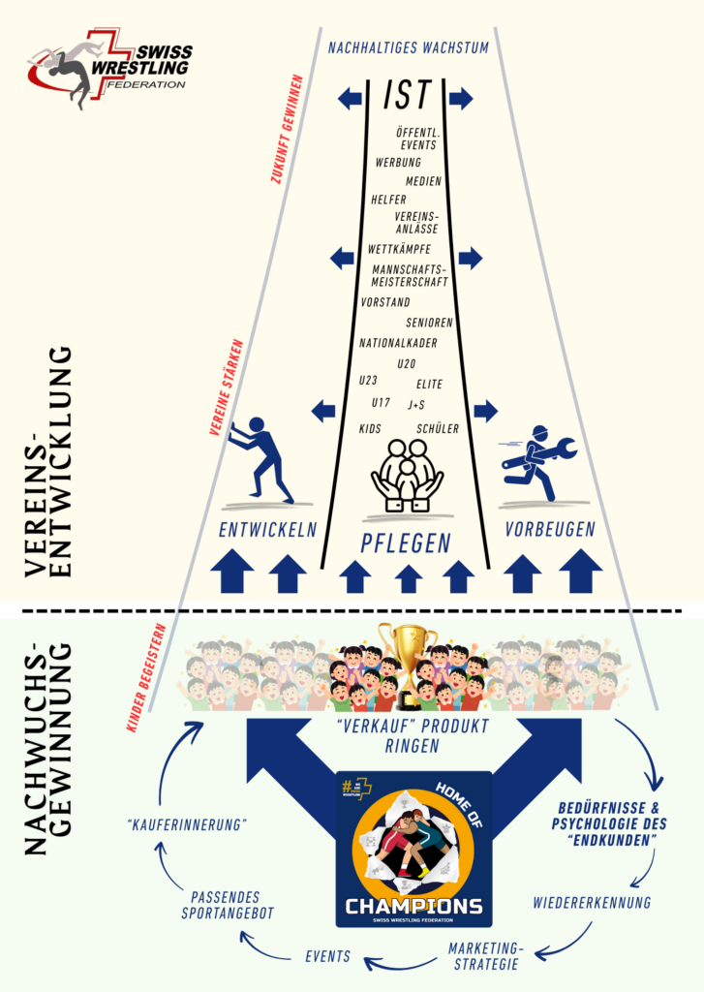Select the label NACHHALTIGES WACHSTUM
point(408,46)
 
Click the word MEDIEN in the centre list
point(423,181)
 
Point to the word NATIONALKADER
point(398,343)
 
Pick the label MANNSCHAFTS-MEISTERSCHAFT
point(410,275)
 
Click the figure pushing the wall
point(259,458)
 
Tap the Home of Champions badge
point(413,849)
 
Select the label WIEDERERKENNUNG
point(591,902)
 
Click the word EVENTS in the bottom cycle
point(327,956)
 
